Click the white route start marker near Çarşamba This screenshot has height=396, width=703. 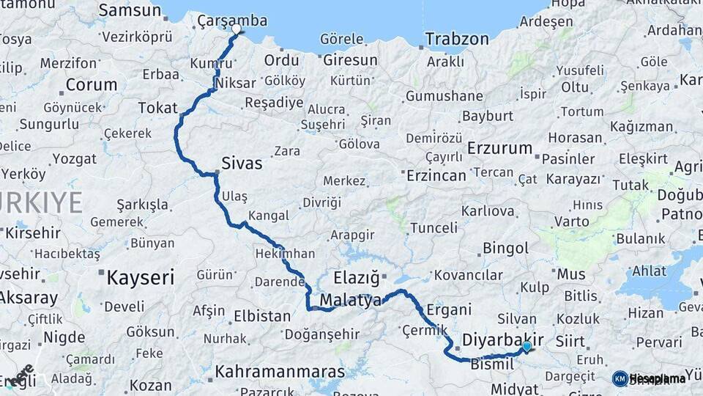[236, 29]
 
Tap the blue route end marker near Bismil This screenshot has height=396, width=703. [527, 345]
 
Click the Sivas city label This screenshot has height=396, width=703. [242, 164]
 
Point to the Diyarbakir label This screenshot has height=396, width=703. [503, 340]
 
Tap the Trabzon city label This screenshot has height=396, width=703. [457, 39]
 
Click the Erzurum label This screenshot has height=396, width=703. [500, 148]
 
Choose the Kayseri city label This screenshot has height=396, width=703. [141, 278]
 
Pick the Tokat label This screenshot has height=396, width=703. [157, 109]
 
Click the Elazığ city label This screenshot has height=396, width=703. [357, 278]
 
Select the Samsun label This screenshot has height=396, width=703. [129, 10]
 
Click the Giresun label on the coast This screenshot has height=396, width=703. [350, 61]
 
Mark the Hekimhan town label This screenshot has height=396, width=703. [285, 253]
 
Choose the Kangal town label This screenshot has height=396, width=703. [268, 216]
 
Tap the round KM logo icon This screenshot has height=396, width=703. [620, 378]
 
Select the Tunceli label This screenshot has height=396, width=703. [434, 228]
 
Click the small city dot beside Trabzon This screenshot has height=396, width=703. [420, 48]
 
